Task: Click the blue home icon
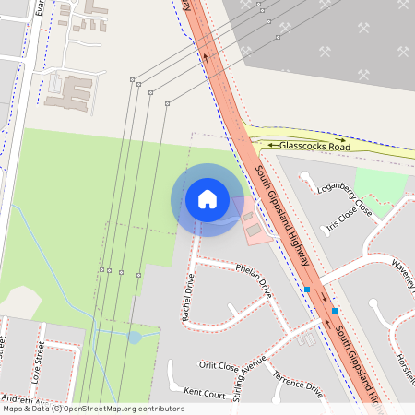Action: (x=207, y=198)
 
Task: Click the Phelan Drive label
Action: (x=254, y=281)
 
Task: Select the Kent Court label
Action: (x=205, y=393)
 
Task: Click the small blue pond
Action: (x=135, y=338)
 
